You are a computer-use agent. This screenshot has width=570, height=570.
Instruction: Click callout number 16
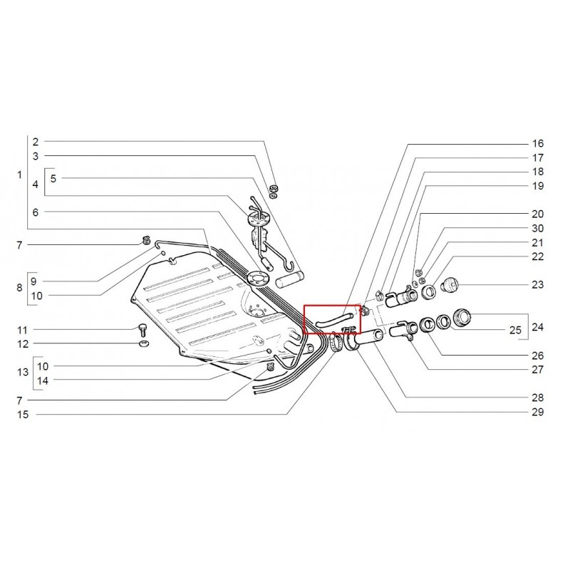538,144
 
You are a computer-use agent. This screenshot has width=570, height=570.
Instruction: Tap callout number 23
538,284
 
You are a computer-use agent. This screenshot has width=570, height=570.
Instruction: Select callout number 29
538,412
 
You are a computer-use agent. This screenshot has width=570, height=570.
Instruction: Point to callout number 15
23,415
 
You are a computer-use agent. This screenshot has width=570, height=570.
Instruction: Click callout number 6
35,212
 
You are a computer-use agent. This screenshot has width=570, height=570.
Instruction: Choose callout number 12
23,343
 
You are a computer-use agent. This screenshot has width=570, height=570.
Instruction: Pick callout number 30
538,228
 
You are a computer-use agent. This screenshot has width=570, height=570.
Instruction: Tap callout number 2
35,142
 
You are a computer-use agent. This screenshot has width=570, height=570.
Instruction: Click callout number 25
515,330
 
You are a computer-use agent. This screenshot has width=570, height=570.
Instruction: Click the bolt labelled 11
142,330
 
